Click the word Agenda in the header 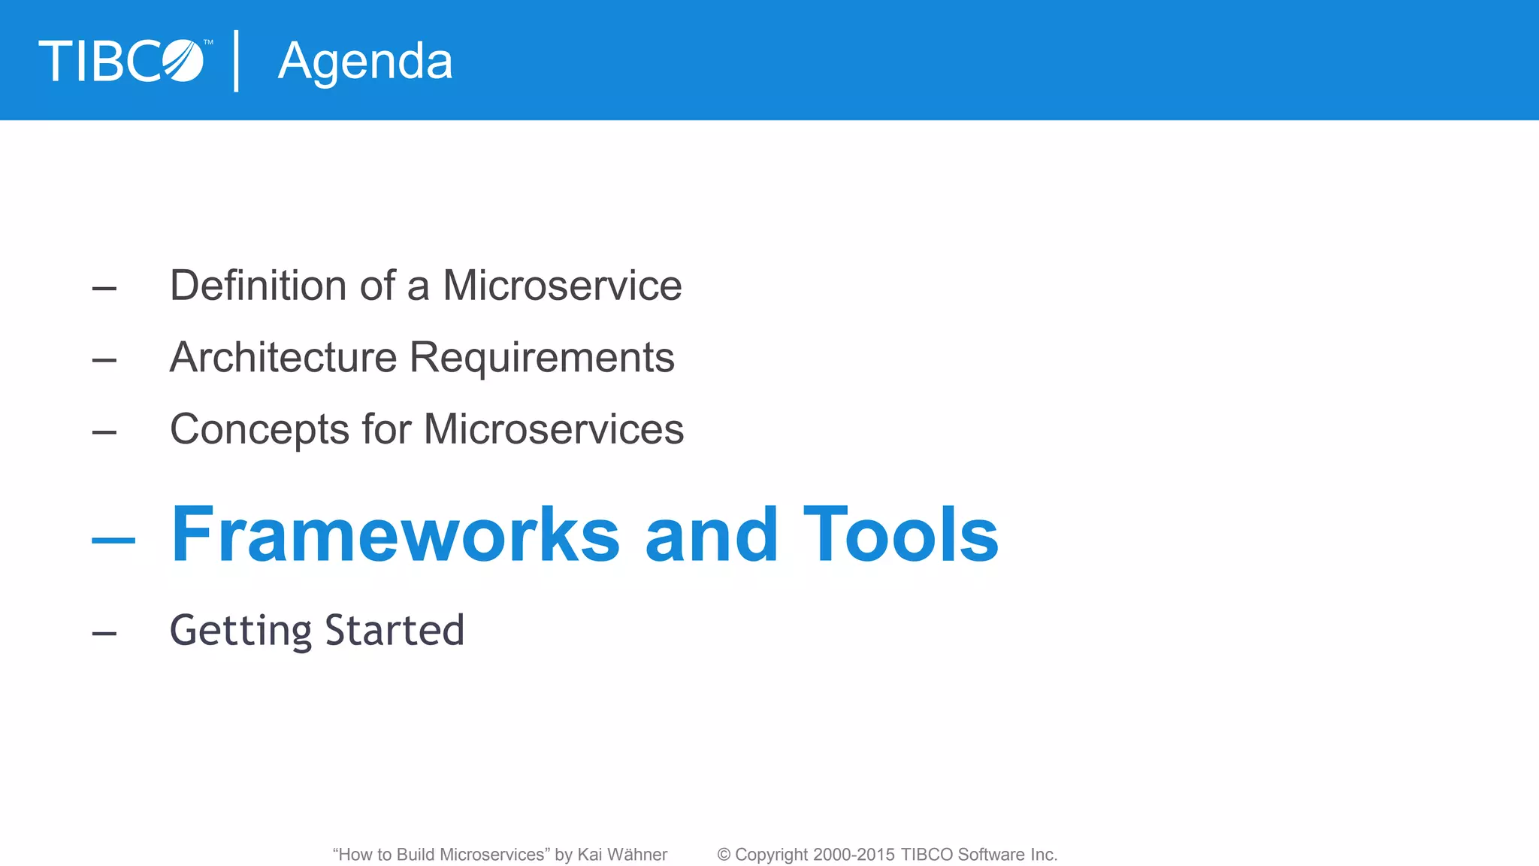tap(365, 62)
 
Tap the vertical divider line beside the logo tap(237, 61)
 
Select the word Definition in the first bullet tap(258, 286)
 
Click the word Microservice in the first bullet tap(562, 286)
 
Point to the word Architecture tap(283, 357)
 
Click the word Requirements tap(542, 357)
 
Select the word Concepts tap(259, 429)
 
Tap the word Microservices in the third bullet tap(554, 429)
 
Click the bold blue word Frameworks tap(395, 534)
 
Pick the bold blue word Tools tap(901, 534)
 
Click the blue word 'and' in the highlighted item tap(711, 534)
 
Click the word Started tap(395, 630)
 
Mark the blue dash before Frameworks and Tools tap(113, 540)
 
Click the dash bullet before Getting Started tap(104, 634)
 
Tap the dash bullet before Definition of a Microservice tap(104, 289)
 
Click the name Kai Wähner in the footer tap(622, 855)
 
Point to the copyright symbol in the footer tap(724, 855)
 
